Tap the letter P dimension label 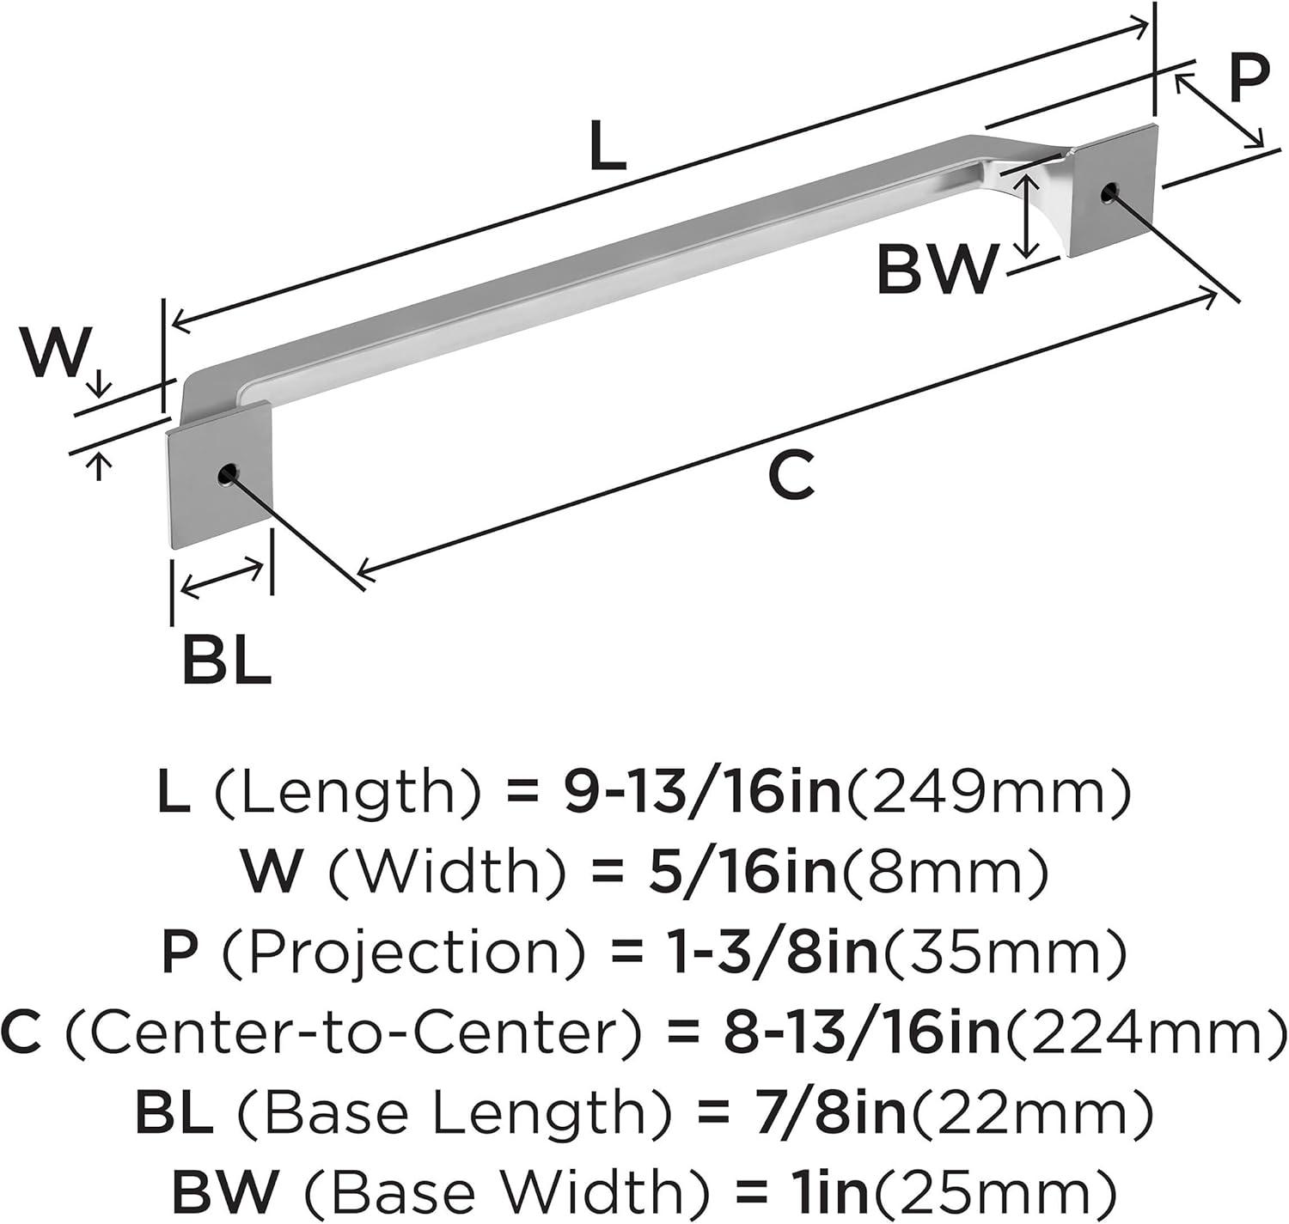(1249, 79)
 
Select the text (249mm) (987, 792)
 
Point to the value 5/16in (743, 871)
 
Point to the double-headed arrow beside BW (1026, 217)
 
